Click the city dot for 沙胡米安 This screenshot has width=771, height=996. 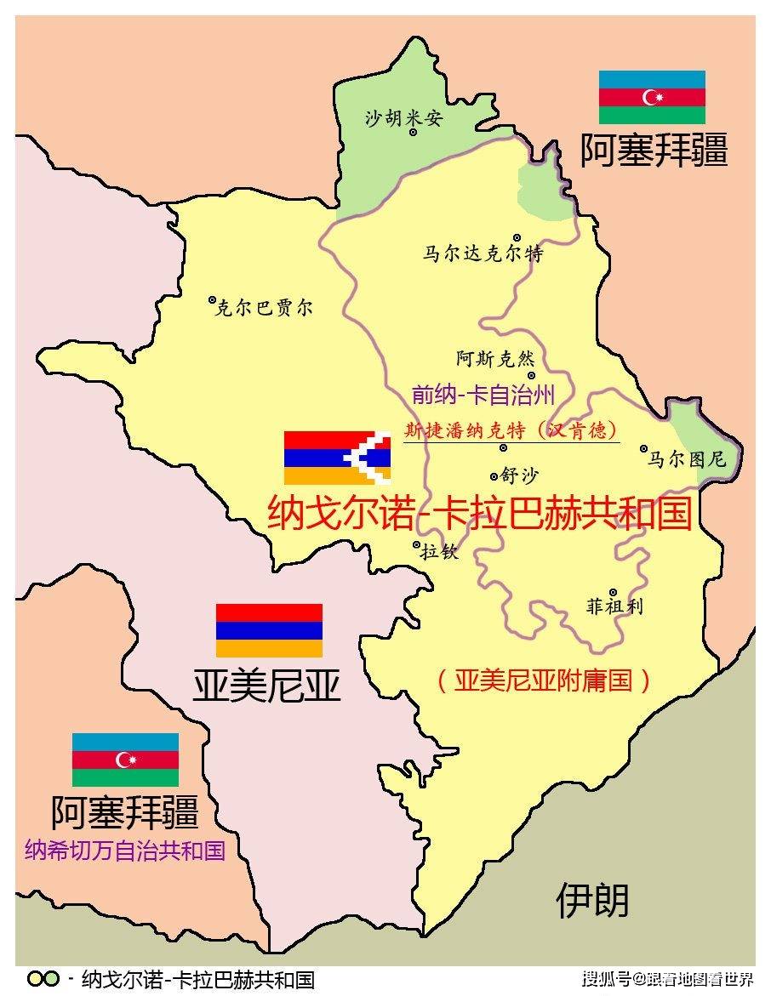(414, 133)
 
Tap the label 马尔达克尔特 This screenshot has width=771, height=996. (483, 253)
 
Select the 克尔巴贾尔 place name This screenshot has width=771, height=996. (265, 308)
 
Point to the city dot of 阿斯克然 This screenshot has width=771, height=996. (531, 375)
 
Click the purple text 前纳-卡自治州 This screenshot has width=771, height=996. (483, 395)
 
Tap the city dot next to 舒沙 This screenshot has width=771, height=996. (494, 476)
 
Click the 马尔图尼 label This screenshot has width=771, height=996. (687, 459)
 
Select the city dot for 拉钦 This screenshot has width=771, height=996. (416, 544)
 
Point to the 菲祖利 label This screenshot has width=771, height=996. (614, 607)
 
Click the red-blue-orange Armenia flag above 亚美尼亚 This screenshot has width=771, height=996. (269, 630)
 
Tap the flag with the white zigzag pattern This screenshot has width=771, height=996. (337, 458)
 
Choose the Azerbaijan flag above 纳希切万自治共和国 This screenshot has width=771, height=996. (125, 760)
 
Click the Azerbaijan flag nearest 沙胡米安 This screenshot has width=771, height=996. (652, 98)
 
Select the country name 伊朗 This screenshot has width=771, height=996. (592, 900)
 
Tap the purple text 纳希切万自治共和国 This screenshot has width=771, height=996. (125, 851)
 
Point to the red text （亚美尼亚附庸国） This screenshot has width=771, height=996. (544, 680)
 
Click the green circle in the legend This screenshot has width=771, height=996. (51, 979)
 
